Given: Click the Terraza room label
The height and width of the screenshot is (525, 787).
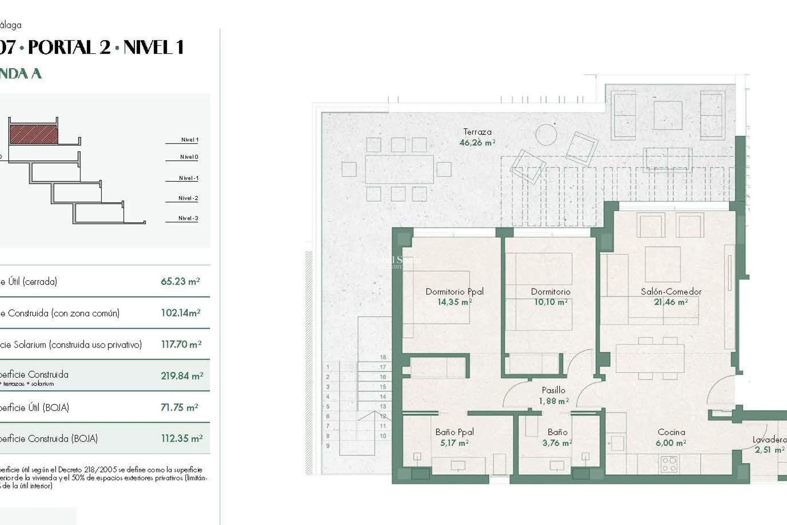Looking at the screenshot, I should pyautogui.click(x=477, y=132).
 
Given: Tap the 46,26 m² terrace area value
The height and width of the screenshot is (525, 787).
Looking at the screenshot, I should pyautogui.click(x=477, y=143).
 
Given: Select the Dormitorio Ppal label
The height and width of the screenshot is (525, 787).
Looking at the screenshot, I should pyautogui.click(x=455, y=292).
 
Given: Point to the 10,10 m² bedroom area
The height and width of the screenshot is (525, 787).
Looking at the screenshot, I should pyautogui.click(x=550, y=302).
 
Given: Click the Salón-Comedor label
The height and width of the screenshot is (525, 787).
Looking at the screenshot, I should pyautogui.click(x=671, y=292).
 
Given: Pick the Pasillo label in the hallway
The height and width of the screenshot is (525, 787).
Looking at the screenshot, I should pyautogui.click(x=553, y=390).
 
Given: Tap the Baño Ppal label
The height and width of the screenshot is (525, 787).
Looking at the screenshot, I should pyautogui.click(x=455, y=432).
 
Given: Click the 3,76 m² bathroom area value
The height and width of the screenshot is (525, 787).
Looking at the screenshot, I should pyautogui.click(x=557, y=443).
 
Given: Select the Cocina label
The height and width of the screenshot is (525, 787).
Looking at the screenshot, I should pyautogui.click(x=671, y=432).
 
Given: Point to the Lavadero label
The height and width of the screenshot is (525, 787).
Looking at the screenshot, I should pyautogui.click(x=769, y=440).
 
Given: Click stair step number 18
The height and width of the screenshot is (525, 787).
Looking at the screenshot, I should pyautogui.click(x=383, y=357).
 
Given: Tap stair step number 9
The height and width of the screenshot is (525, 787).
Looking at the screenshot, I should pyautogui.click(x=328, y=446).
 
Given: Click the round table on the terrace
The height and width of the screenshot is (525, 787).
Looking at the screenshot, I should pyautogui.click(x=546, y=135).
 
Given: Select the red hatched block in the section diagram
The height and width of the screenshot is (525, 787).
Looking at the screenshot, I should pyautogui.click(x=34, y=135).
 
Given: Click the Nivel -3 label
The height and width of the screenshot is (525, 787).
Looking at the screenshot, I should pyautogui.click(x=188, y=218).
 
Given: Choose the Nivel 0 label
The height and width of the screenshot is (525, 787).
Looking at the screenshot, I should pyautogui.click(x=189, y=157).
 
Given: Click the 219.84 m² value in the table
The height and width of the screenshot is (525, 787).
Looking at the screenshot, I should pyautogui.click(x=182, y=376).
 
